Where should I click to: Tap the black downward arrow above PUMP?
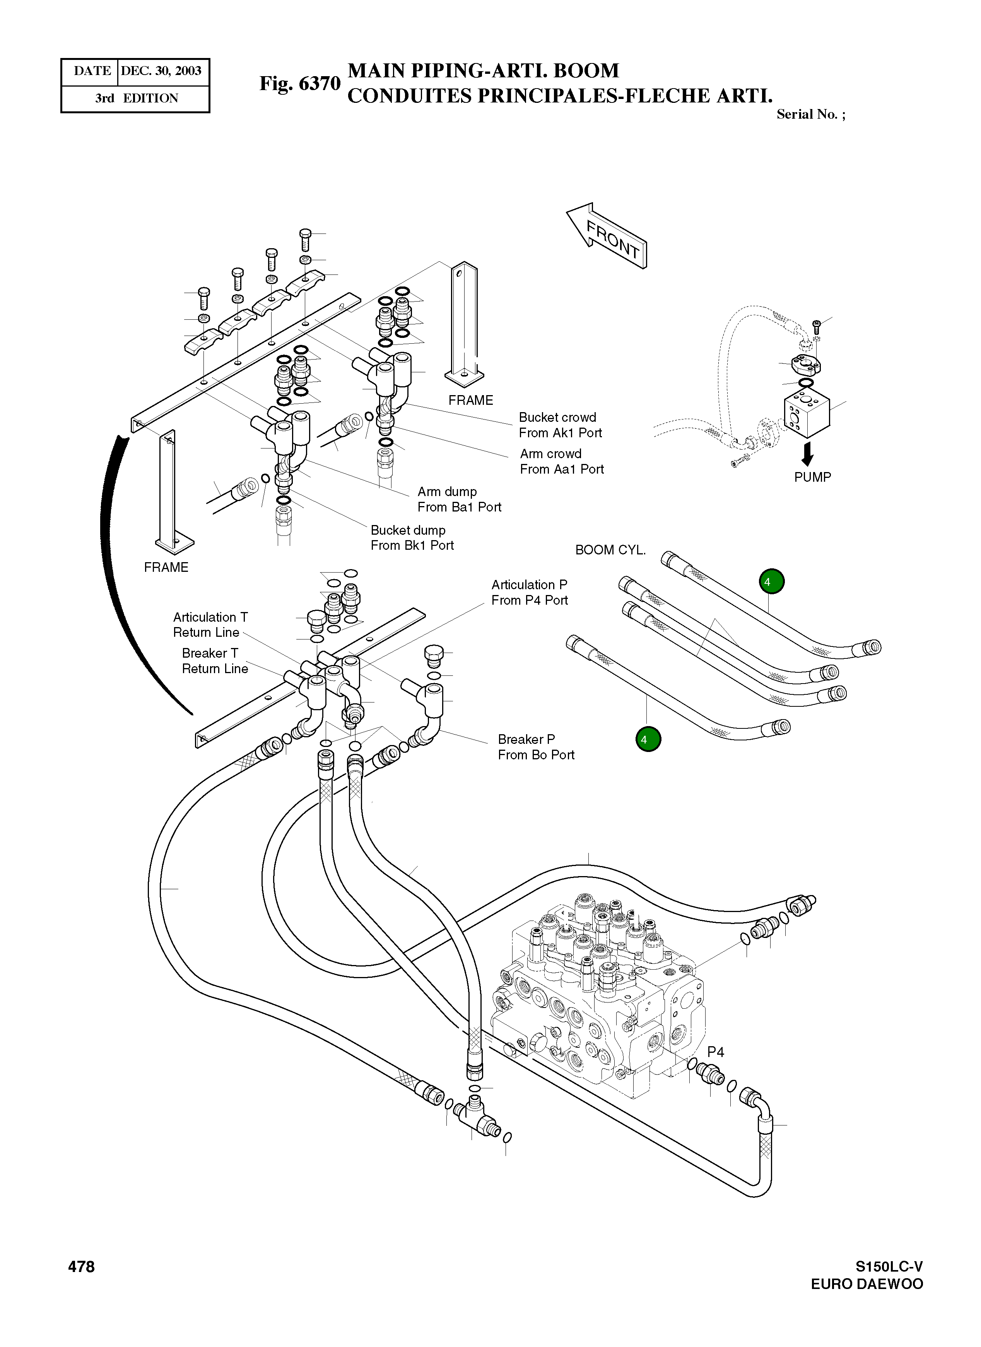point(807,455)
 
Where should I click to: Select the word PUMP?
point(812,477)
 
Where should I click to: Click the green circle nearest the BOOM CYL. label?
point(771,581)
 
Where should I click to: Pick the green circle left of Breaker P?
point(648,740)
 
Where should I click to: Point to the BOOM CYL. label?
point(610,550)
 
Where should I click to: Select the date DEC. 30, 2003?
point(161,71)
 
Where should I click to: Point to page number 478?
point(81,1267)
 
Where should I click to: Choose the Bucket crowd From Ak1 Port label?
point(560,425)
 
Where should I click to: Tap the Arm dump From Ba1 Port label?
point(459,500)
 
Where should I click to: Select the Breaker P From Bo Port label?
point(536,747)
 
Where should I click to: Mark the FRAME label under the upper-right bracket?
point(471,400)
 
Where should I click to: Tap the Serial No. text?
point(810,114)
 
